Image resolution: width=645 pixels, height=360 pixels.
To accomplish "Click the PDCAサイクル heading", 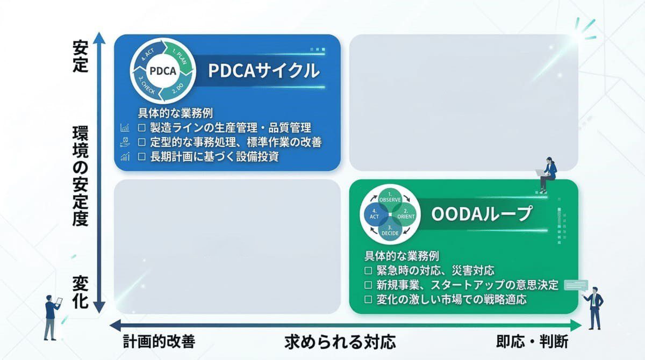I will pyautogui.click(x=264, y=71).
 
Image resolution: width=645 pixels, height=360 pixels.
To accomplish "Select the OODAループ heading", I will pyautogui.click(x=482, y=214).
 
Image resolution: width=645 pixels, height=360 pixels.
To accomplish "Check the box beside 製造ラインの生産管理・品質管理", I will pyautogui.click(x=142, y=128).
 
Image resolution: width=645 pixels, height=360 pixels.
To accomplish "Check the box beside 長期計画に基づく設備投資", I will pyautogui.click(x=142, y=157).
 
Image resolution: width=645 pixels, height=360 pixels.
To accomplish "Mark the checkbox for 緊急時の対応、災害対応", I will pyautogui.click(x=368, y=270).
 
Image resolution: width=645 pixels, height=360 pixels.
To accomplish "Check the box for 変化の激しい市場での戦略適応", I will pyautogui.click(x=368, y=299).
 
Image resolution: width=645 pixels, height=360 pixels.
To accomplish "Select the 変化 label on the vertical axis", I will pyautogui.click(x=80, y=291).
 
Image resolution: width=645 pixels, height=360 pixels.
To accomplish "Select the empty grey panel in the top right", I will pyautogui.click(x=463, y=103).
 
